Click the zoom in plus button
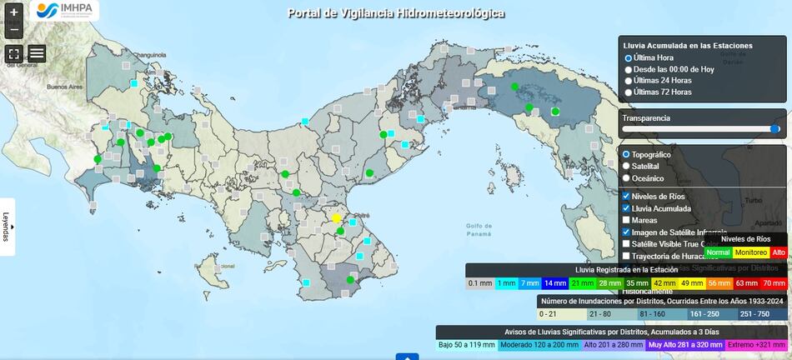(x=13, y=13)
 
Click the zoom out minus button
(x=13, y=31)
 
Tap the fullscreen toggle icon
(x=13, y=53)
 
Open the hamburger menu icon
(x=37, y=53)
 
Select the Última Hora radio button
(x=629, y=58)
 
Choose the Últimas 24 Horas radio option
(x=629, y=81)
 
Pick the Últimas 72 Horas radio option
(x=629, y=92)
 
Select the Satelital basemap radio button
(x=627, y=167)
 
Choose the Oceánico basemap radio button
(x=627, y=178)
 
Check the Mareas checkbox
(x=627, y=220)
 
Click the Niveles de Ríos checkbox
(x=627, y=196)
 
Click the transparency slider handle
(x=775, y=129)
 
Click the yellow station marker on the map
(x=337, y=218)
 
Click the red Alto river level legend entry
(x=779, y=252)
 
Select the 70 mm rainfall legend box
(x=774, y=283)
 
